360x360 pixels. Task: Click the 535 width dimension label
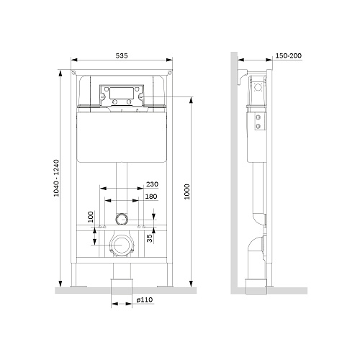122,55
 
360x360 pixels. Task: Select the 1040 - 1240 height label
56,178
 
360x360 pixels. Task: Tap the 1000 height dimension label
187,192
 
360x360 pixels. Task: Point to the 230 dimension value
152,184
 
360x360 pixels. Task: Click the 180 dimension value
151,197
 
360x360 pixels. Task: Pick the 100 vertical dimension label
91,217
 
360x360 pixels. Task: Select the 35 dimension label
150,238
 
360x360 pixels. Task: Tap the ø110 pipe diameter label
145,300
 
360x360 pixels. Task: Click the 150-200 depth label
288,55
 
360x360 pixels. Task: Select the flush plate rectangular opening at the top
122,93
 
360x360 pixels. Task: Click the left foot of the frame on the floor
78,287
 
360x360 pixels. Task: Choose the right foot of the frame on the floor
165,287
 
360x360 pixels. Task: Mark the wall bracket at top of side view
243,77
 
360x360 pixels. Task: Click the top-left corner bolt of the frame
73,72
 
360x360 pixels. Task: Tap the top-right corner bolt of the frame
170,72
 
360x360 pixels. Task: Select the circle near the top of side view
258,87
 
